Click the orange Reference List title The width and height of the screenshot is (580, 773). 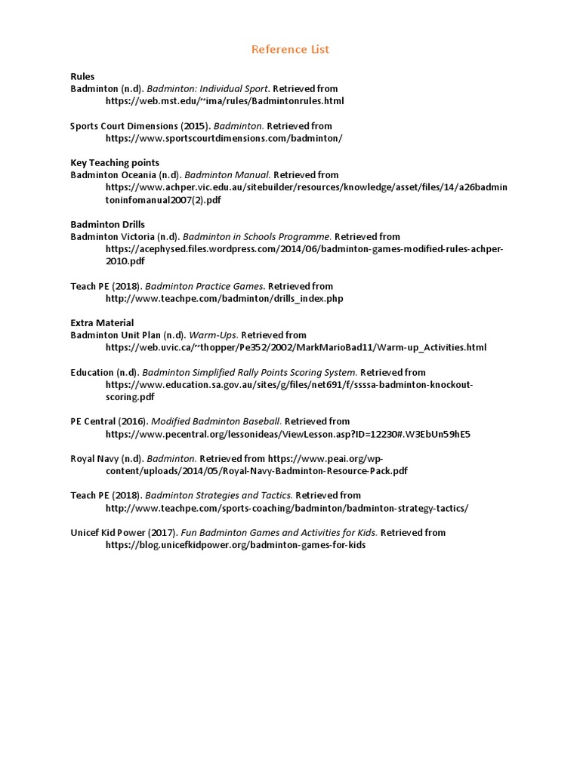pos(290,50)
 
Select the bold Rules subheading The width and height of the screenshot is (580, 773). pos(82,76)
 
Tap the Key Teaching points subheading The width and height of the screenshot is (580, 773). pos(115,162)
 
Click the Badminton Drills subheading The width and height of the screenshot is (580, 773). pos(107,224)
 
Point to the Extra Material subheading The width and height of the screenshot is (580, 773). pos(102,322)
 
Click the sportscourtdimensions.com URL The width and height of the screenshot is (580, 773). pos(224,138)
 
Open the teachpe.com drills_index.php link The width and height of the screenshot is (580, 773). pos(224,298)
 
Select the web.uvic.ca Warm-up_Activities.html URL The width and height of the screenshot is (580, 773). pos(296,347)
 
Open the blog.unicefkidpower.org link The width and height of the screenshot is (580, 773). pos(235,544)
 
